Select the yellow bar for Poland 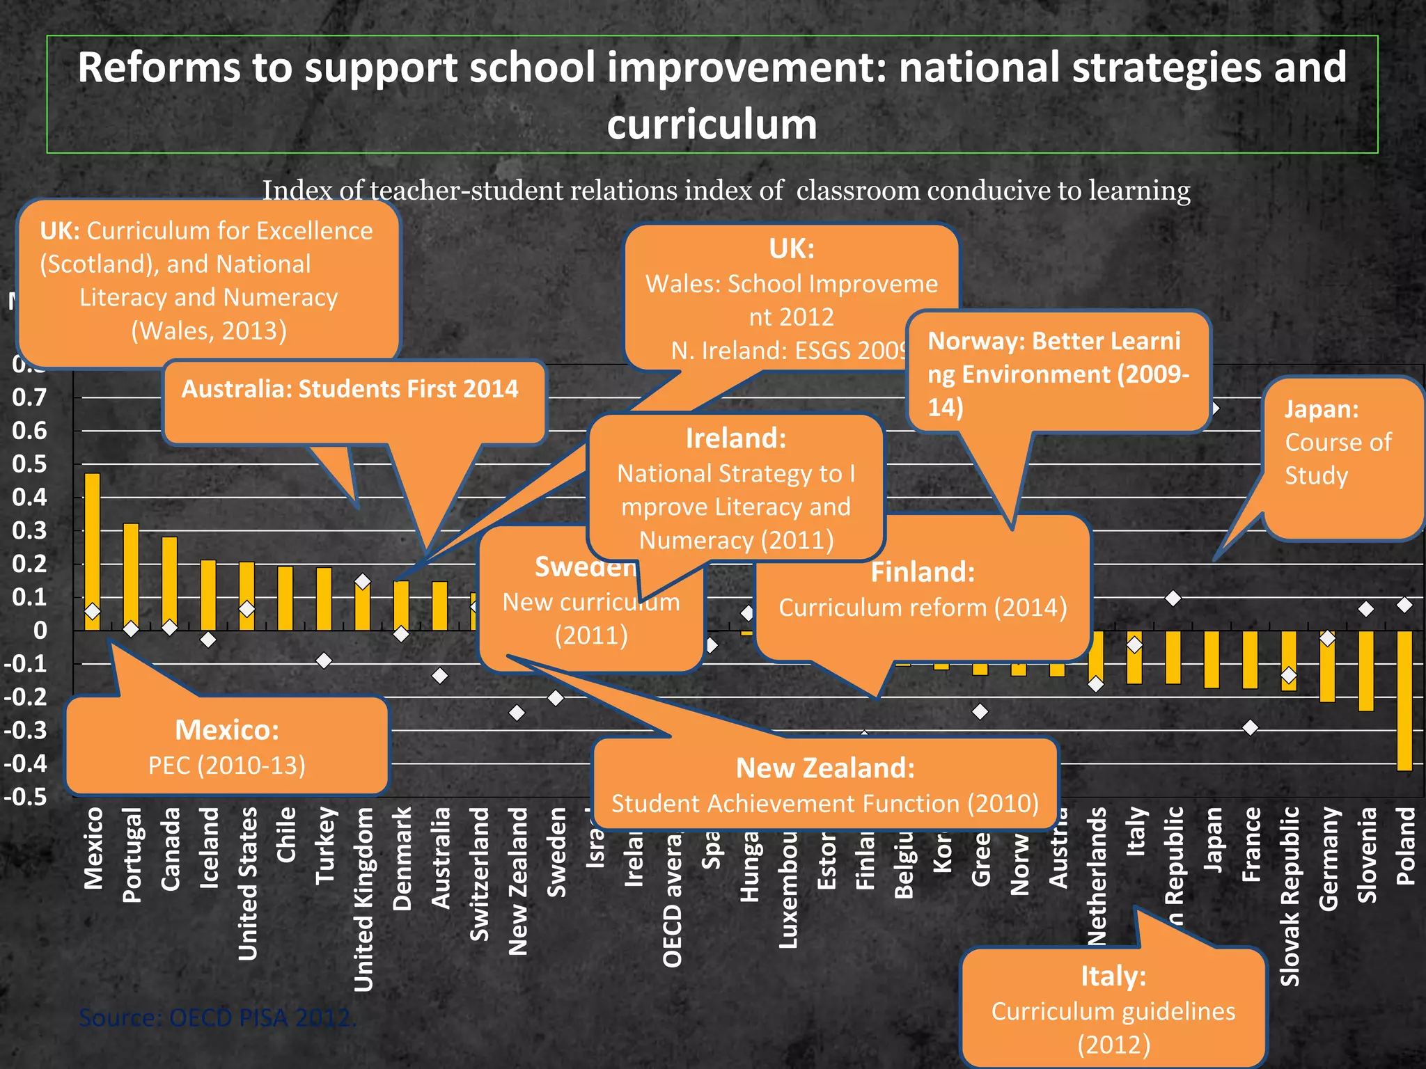(1404, 699)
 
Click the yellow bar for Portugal (131, 574)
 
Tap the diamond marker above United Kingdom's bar (363, 581)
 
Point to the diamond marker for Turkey (324, 660)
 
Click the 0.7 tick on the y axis (29, 397)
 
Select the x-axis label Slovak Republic (1290, 896)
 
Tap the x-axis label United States (247, 883)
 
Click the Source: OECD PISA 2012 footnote (217, 1017)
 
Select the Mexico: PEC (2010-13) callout (227, 747)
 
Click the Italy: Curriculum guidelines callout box (1113, 1009)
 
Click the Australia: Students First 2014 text (350, 388)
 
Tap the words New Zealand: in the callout (825, 768)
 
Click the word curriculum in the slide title (712, 125)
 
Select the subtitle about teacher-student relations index (726, 190)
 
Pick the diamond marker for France (1251, 727)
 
